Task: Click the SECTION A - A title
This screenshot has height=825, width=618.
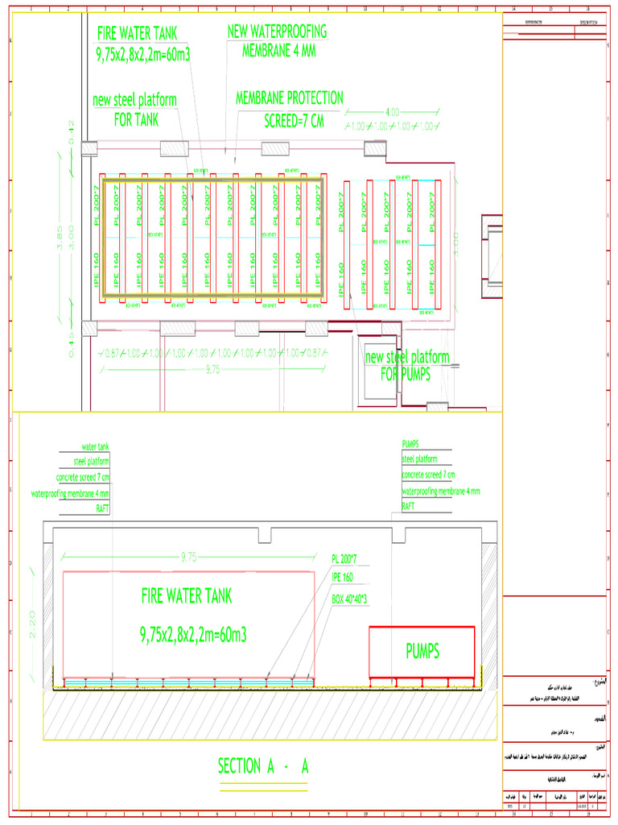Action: coord(263,767)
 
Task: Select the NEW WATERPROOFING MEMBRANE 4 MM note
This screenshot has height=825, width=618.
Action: coord(278,41)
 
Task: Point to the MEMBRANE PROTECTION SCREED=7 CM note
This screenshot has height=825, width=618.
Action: coord(289,110)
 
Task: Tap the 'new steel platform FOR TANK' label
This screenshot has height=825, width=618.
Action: coord(134,110)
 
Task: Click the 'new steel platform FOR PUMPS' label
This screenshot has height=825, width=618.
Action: coord(407,366)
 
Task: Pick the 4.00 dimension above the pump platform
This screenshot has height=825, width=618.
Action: coord(393,112)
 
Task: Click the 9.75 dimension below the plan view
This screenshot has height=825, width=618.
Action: coord(212,370)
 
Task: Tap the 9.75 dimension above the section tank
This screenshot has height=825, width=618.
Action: coord(187,556)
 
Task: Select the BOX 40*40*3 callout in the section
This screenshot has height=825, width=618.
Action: coord(349,599)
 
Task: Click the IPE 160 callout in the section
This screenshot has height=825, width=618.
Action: coord(343,578)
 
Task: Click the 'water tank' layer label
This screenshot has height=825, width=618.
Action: coord(95,446)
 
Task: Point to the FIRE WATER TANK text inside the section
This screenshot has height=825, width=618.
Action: coord(187,596)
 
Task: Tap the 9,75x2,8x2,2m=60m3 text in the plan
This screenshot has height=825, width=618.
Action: coord(143,54)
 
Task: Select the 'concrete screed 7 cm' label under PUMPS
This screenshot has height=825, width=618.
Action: coord(428,475)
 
